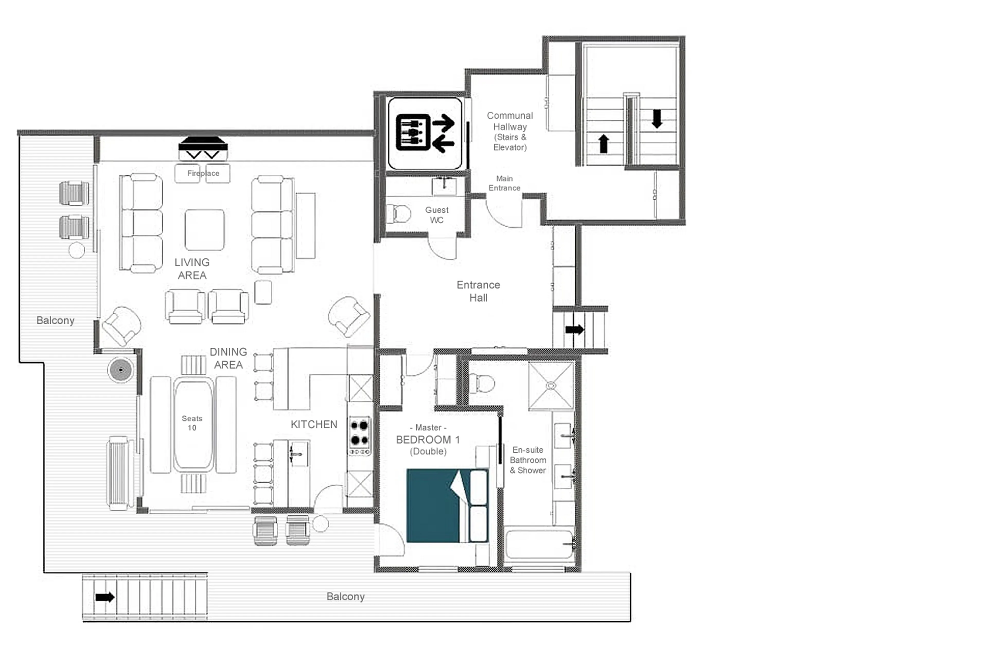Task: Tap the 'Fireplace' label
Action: [x=203, y=173]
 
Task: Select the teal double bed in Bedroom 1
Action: [x=446, y=506]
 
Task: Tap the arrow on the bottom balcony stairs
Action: [x=104, y=597]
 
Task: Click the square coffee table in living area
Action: [x=205, y=230]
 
